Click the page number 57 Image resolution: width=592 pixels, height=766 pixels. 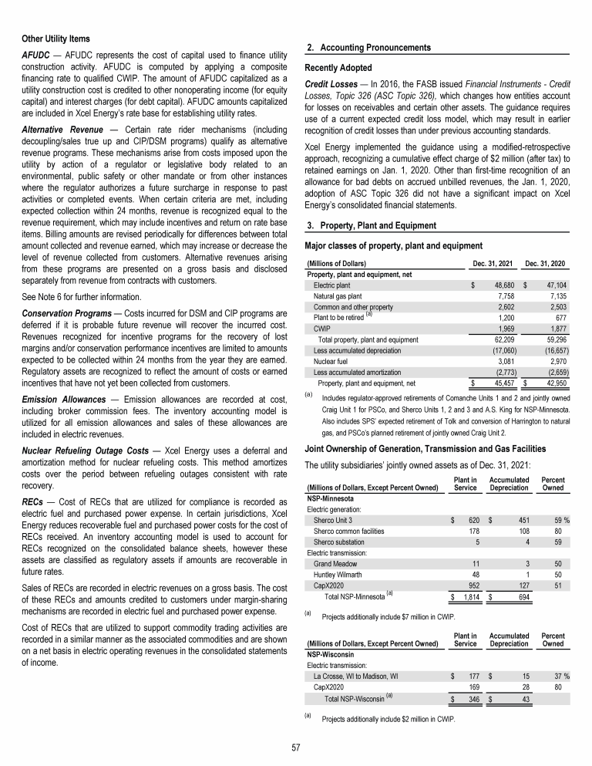[x=295, y=747]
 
